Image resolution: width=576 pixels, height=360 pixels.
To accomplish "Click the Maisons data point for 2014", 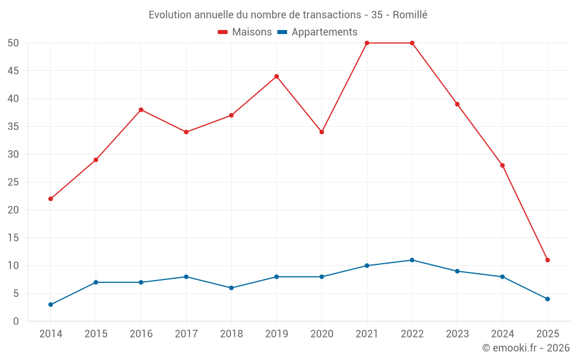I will tap(51, 199).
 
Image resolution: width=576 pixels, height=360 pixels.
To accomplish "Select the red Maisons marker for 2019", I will tap(276, 76).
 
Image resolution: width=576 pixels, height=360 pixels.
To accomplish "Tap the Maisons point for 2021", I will tap(367, 43).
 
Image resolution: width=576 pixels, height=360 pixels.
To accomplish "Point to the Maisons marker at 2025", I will tap(547, 260).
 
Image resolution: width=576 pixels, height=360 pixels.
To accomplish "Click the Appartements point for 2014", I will tap(51, 305).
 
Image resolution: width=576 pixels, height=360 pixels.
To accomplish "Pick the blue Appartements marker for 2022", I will tap(412, 260).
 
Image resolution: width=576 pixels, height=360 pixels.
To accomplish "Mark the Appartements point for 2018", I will tap(231, 288).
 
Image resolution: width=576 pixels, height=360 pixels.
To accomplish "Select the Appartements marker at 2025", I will tap(547, 299).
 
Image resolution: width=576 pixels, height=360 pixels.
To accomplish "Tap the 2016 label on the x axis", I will tap(141, 334).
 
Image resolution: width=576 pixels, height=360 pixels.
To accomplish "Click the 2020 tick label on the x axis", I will tap(321, 334).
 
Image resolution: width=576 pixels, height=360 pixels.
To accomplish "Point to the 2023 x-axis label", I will tap(457, 334).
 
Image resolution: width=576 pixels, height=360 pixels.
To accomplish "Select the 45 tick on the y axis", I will tap(13, 71).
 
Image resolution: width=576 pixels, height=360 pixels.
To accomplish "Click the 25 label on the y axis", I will tap(13, 182).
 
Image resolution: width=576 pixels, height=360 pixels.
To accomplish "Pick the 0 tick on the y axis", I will tap(16, 321).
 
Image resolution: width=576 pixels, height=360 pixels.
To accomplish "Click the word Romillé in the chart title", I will tap(410, 15).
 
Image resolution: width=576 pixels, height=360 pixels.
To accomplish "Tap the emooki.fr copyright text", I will tap(526, 348).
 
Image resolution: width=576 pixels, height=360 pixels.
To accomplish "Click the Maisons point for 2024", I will tap(502, 165).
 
